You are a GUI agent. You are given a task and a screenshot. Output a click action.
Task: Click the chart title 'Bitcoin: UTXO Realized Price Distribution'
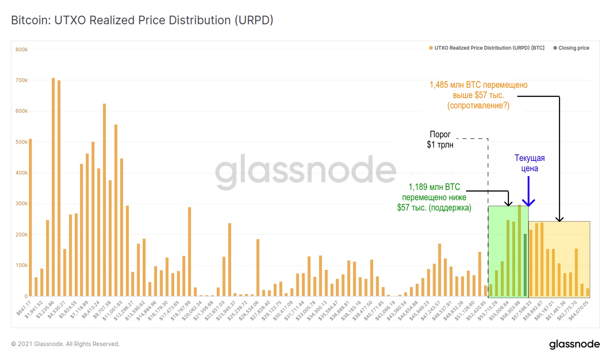click(x=142, y=20)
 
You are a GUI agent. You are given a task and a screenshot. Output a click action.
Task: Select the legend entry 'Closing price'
click(x=573, y=48)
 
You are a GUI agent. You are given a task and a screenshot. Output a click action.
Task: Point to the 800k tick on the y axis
click(x=21, y=50)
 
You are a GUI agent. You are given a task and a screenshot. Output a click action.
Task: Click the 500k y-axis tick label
click(x=21, y=142)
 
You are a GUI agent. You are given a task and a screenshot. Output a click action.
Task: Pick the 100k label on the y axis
click(x=21, y=265)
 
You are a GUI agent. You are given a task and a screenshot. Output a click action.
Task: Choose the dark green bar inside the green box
click(x=525, y=265)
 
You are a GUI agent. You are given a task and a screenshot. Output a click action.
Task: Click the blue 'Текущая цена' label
click(x=530, y=163)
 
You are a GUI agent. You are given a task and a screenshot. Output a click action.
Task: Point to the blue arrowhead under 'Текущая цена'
click(x=528, y=203)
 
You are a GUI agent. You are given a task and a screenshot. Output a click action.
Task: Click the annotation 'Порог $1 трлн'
click(x=440, y=140)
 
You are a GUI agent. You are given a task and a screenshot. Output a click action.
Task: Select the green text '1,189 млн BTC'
click(x=434, y=187)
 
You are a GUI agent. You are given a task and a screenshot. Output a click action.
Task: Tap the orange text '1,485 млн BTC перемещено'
click(x=478, y=85)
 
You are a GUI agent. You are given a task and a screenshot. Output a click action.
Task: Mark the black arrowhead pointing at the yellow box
click(x=559, y=219)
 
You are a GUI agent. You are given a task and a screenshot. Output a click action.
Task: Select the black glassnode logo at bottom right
click(x=574, y=344)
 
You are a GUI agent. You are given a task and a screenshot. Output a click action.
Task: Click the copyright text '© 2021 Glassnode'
click(x=65, y=344)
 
